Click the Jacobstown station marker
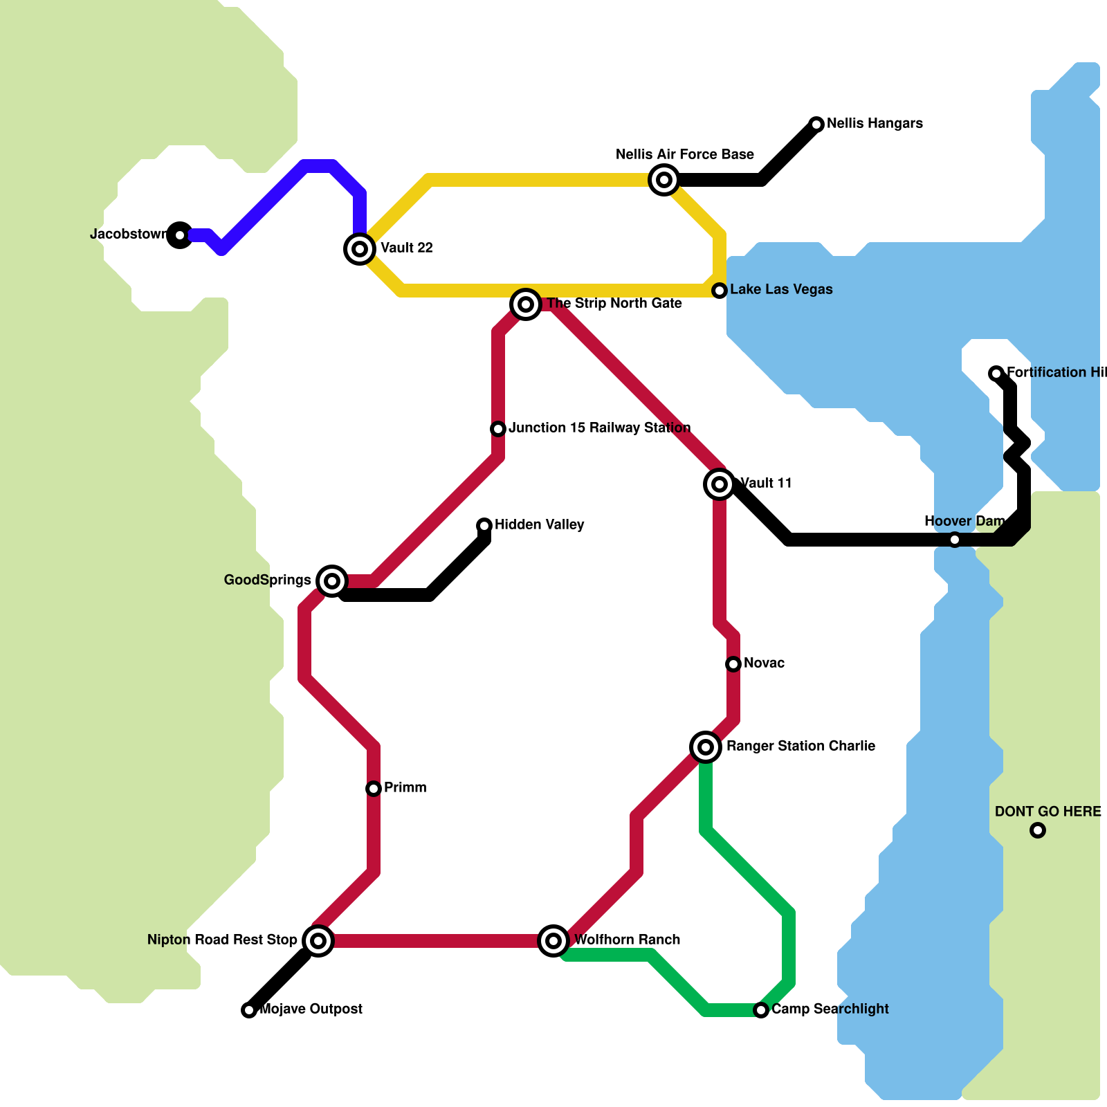tap(180, 235)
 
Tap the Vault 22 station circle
tap(360, 248)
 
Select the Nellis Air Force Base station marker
tap(664, 180)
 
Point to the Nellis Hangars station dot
tap(816, 125)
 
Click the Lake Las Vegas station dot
tap(720, 291)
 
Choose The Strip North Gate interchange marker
tap(526, 304)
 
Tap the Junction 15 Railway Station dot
tap(498, 429)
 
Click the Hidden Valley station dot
tap(484, 526)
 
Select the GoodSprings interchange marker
tap(332, 580)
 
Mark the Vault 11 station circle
tap(720, 484)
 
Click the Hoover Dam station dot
tap(955, 540)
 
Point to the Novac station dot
tap(733, 664)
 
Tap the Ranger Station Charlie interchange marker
tap(706, 747)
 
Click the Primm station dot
tap(374, 789)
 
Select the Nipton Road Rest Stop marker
tap(318, 940)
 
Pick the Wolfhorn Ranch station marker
tap(553, 940)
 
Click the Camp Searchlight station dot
tap(761, 1010)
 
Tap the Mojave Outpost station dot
tap(249, 1010)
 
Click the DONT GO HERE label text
tap(1047, 812)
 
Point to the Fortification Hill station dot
tap(996, 374)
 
